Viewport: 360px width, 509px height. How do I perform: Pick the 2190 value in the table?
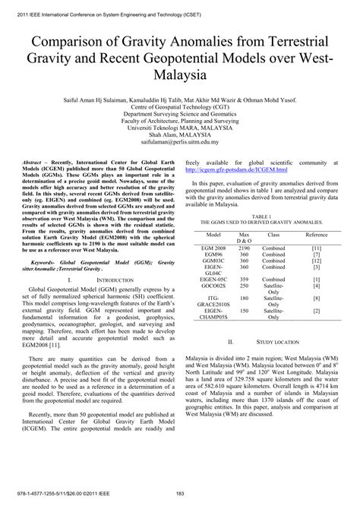(244, 248)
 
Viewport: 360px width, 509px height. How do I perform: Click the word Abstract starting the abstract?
(35, 164)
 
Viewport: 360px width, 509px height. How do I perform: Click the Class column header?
(274, 236)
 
